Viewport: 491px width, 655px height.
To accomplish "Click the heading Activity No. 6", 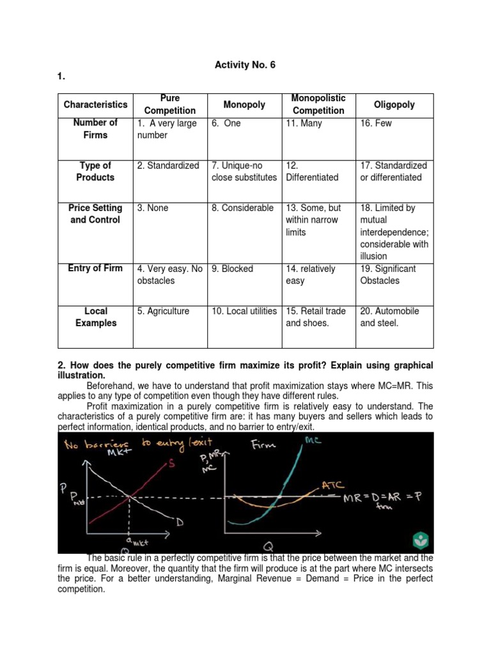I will (245, 65).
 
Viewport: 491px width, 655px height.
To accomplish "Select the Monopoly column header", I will (244, 105).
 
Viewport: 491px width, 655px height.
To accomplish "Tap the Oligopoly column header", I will (394, 105).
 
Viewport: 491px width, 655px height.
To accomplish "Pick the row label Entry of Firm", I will (95, 268).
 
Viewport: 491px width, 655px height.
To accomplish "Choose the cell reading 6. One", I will (226, 123).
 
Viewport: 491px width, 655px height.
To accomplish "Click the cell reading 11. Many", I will (304, 123).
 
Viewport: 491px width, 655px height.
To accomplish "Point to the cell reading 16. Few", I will (376, 123).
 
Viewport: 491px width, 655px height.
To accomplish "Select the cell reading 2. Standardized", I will (168, 166).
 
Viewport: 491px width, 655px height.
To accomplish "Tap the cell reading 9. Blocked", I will (233, 269).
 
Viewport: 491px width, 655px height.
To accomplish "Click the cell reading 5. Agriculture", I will (163, 312).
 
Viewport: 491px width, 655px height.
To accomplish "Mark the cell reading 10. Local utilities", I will (244, 312).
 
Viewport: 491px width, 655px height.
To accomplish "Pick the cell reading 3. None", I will (153, 208).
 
